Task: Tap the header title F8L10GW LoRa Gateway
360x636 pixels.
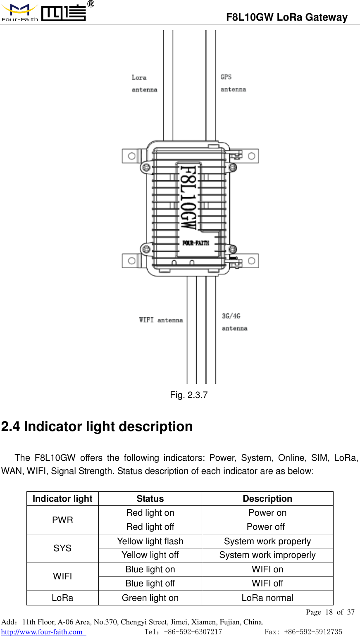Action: (286, 17)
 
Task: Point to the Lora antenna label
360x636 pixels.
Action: (144, 83)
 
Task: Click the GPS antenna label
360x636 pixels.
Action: (233, 83)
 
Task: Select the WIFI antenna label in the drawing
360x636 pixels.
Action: (161, 320)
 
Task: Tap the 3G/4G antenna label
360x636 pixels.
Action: (234, 322)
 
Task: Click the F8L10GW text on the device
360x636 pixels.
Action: (188, 198)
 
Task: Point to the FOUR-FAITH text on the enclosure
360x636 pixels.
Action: (195, 243)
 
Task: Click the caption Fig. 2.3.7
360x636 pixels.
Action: (188, 395)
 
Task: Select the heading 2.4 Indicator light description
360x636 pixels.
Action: (97, 426)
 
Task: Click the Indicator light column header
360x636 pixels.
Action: (62, 499)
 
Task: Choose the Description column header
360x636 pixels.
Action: (267, 499)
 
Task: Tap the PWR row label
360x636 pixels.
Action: (62, 520)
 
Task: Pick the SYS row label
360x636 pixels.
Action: (62, 548)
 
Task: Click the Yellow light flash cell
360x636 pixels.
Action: (150, 541)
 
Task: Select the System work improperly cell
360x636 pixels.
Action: (267, 555)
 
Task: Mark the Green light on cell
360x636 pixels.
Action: (150, 598)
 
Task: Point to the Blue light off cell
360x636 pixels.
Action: (150, 584)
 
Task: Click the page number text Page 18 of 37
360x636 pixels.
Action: (330, 612)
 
